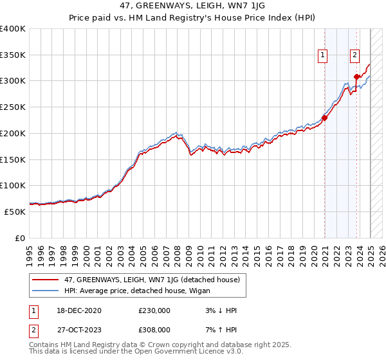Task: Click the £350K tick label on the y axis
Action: pyautogui.click(x=13, y=55)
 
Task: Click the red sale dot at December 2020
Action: pyautogui.click(x=325, y=118)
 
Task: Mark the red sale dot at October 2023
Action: pyautogui.click(x=356, y=77)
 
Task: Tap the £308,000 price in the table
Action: pyautogui.click(x=154, y=329)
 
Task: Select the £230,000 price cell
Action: pyautogui.click(x=154, y=310)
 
